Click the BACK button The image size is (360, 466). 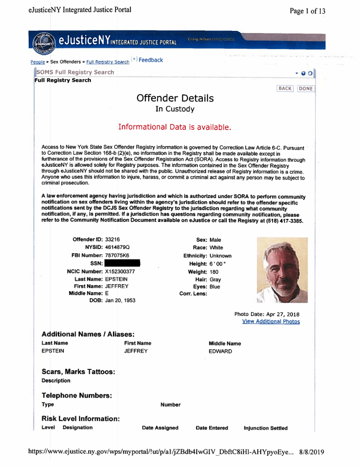(x=285, y=88)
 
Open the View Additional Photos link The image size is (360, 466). (x=271, y=322)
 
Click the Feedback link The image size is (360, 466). (x=150, y=60)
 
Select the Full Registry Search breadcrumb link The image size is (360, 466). (x=108, y=62)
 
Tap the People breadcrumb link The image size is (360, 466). (x=37, y=62)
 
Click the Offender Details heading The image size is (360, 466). (x=175, y=98)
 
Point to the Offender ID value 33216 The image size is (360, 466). (x=112, y=239)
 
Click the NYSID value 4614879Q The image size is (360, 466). (x=117, y=247)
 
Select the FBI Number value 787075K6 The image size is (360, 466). (x=117, y=256)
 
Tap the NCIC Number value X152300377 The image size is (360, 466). (x=120, y=272)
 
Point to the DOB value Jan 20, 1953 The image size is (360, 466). (x=120, y=301)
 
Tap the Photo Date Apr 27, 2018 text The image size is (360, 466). (x=267, y=314)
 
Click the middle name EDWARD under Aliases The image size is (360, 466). (x=220, y=351)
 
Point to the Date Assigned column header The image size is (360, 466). (x=160, y=428)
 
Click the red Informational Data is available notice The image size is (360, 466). (x=174, y=127)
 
